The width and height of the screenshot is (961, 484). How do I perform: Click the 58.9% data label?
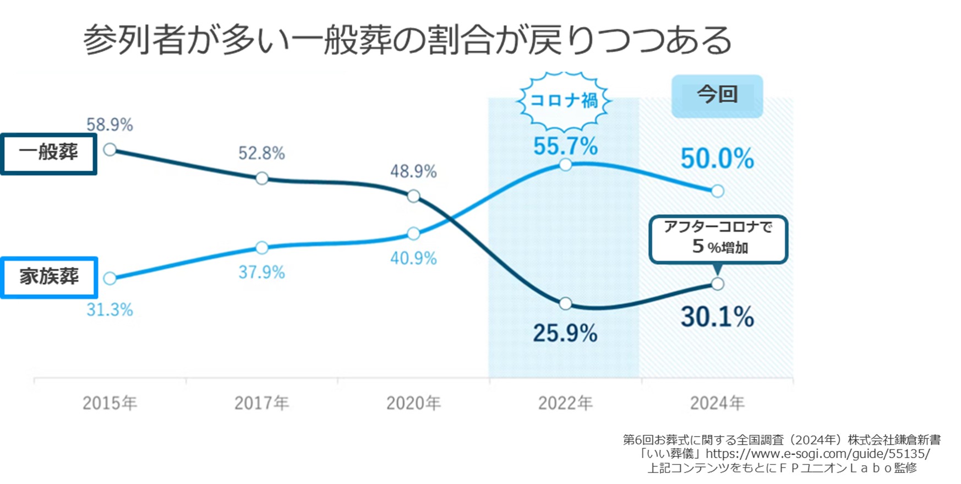(x=110, y=125)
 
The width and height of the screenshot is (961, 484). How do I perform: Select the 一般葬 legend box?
(x=48, y=154)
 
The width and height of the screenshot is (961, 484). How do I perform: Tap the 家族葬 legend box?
(x=49, y=277)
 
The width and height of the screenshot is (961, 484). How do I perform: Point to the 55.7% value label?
(x=565, y=146)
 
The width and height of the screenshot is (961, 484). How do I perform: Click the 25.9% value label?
(x=565, y=334)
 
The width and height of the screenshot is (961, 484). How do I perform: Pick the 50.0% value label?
(x=717, y=159)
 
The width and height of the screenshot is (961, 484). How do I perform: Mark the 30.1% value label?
(x=717, y=317)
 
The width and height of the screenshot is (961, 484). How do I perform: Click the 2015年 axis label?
(x=110, y=404)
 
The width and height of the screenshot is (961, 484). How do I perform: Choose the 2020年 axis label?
(x=413, y=404)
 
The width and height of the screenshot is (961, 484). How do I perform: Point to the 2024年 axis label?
(x=717, y=404)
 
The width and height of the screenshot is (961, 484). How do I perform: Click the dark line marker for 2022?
(x=565, y=304)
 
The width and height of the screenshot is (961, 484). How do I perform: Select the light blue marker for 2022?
(x=565, y=165)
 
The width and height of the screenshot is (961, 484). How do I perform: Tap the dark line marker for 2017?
(x=262, y=178)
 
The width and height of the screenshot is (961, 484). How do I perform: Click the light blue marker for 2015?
(x=110, y=279)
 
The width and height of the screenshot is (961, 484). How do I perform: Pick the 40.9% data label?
(x=413, y=258)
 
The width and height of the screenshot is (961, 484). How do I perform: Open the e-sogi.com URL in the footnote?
(x=818, y=454)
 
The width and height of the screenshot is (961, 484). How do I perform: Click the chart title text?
(x=407, y=40)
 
